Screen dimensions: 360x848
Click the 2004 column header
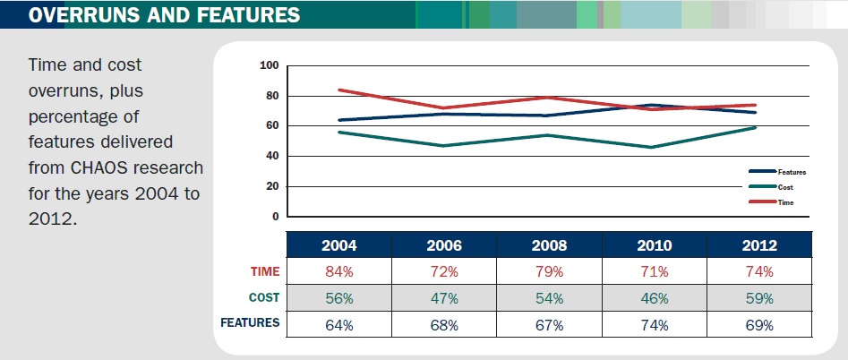point(338,245)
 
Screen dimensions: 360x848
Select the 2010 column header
point(654,245)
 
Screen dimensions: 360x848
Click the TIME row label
point(264,271)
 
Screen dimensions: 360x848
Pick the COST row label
point(264,297)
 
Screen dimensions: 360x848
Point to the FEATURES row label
point(251,322)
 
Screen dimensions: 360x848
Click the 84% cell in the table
point(338,271)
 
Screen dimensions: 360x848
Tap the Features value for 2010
point(654,324)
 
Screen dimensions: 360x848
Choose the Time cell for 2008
point(548,271)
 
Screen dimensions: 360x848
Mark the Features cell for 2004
point(338,324)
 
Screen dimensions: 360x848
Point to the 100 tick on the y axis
point(270,65)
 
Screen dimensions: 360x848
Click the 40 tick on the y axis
point(273,156)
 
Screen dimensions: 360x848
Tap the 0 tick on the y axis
point(276,217)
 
